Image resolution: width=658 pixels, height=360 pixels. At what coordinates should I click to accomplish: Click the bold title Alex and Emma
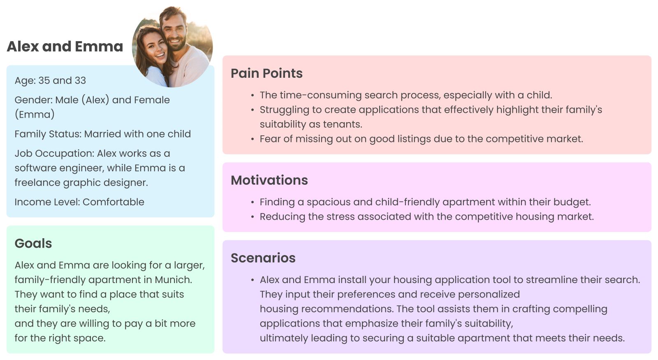[65, 46]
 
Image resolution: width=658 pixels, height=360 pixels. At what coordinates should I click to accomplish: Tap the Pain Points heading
[266, 73]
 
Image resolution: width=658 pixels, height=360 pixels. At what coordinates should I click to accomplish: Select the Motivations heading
[269, 180]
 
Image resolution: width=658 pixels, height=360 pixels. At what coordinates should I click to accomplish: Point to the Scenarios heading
[263, 258]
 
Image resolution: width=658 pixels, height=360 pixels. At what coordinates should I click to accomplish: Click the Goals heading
[33, 243]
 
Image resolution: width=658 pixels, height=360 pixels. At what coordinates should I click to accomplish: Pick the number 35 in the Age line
[44, 81]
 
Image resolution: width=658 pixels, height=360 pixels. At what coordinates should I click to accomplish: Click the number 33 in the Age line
[80, 81]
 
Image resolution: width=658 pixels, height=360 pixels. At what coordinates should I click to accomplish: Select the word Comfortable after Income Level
[114, 202]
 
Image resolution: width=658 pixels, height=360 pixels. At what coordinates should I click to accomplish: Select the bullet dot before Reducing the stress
[253, 217]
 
